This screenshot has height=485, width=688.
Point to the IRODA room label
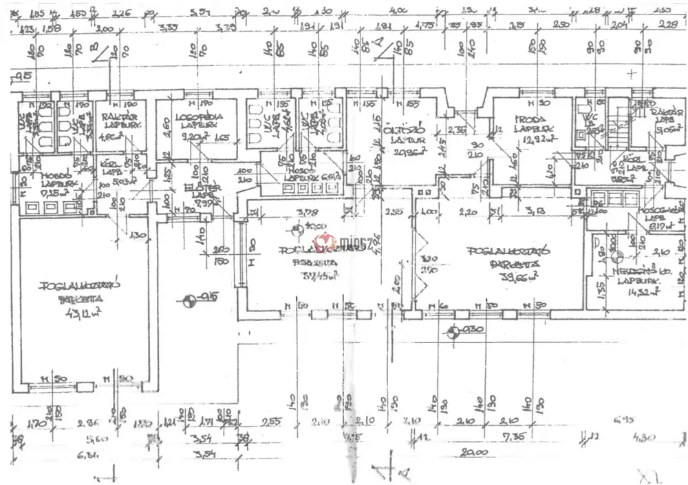[528, 118]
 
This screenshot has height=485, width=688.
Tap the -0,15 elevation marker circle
[186, 300]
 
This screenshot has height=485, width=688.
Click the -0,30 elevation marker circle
[452, 333]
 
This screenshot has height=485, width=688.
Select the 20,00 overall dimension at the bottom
[473, 453]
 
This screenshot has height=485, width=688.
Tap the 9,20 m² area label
[177, 137]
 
